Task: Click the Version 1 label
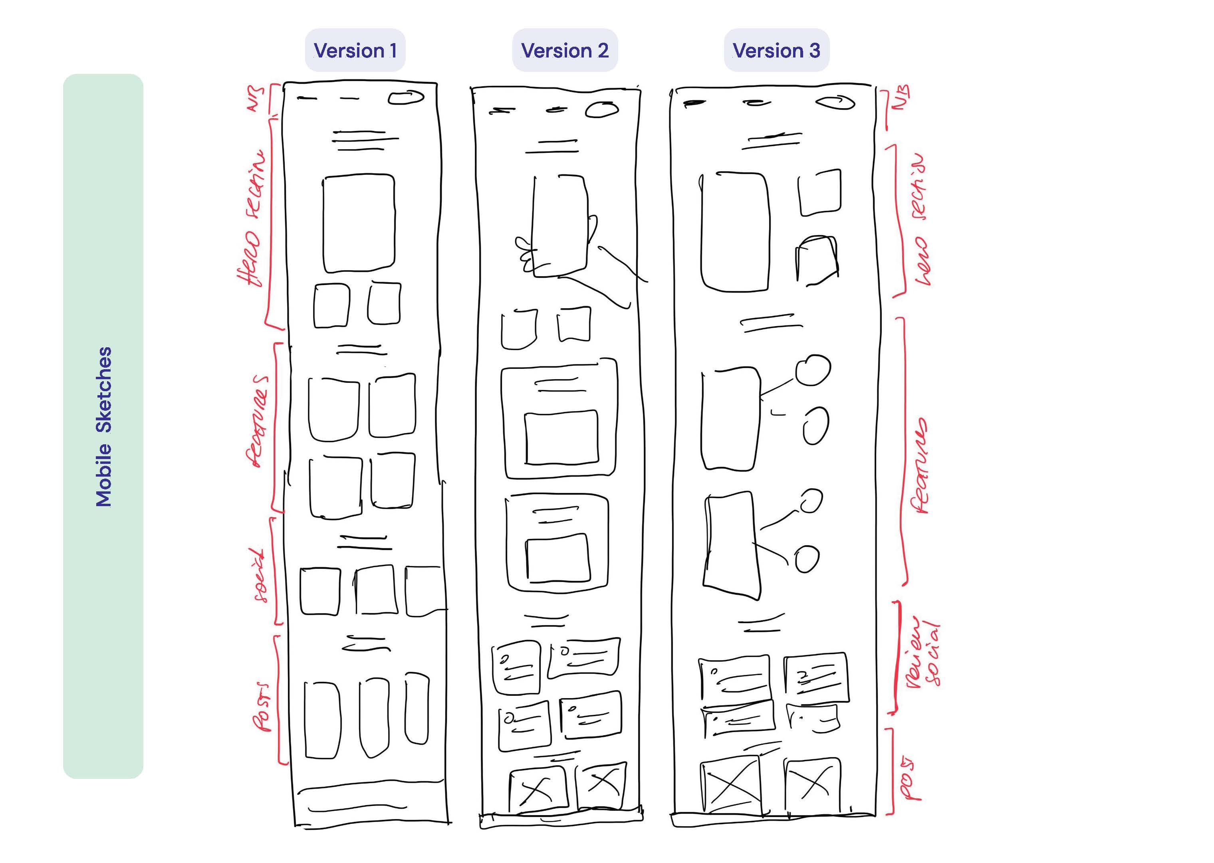pos(355,50)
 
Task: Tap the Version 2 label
pos(565,50)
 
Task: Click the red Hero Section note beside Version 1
pos(251,218)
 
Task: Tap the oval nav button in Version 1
pos(406,97)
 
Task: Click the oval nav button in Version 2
pos(602,109)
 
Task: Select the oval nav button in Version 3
pos(835,102)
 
